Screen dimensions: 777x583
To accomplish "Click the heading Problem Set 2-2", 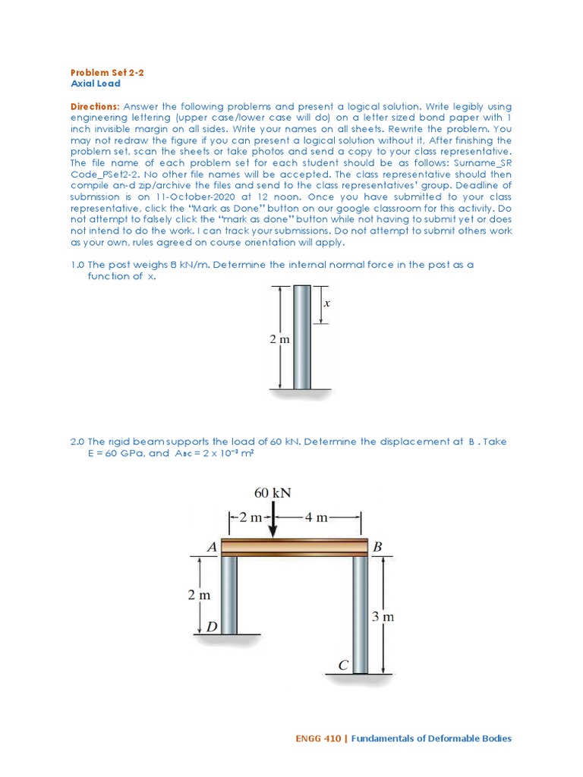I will pos(106,72).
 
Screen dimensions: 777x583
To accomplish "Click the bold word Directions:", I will pos(95,107).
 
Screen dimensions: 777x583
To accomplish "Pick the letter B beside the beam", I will pos(379,546).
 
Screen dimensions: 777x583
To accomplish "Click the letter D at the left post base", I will pos(211,627).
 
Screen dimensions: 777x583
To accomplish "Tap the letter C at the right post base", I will pos(343,665).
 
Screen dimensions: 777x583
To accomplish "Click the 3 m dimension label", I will pos(384,617).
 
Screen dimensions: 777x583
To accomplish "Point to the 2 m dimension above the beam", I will pos(249,517).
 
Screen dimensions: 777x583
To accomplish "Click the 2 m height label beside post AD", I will pos(199,595).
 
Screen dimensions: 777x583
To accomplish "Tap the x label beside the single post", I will pos(327,303).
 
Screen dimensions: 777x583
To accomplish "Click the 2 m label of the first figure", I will pos(280,340).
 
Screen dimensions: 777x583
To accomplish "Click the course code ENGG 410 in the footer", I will pos(317,738).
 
